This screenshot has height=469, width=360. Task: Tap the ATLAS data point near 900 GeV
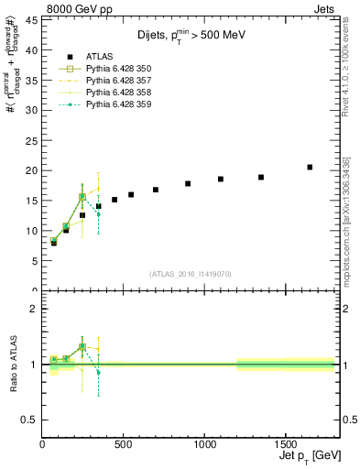pyautogui.click(x=188, y=183)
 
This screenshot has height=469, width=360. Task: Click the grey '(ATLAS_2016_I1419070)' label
pyautogui.click(x=189, y=273)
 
